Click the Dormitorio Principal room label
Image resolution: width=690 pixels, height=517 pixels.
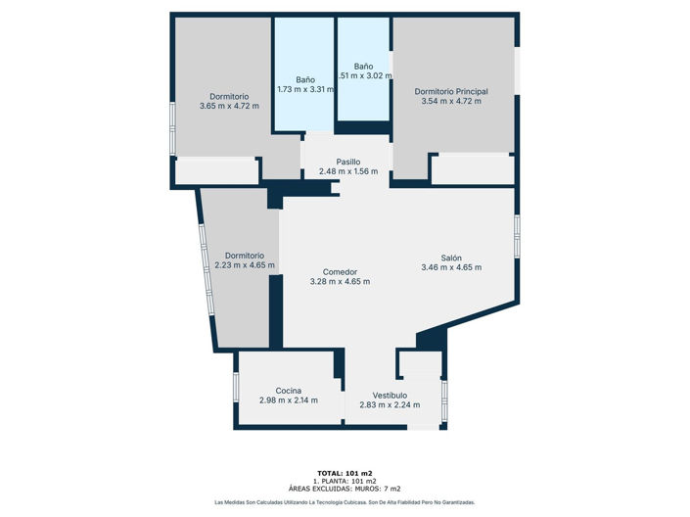coord(450,91)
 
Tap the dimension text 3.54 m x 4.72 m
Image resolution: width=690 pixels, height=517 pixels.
coord(450,101)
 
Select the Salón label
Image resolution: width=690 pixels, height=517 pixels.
coord(450,258)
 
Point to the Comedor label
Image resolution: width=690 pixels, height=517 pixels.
coord(340,271)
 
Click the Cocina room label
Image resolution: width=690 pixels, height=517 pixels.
coord(288,391)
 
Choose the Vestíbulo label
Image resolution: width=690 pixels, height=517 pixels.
coord(390,396)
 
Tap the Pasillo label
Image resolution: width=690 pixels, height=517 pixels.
coord(347,162)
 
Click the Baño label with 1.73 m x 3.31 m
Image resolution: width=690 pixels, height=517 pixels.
coord(305,79)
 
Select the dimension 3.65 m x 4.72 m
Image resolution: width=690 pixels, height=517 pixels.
coord(229,106)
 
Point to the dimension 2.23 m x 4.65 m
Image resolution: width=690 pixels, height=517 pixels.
coord(245,264)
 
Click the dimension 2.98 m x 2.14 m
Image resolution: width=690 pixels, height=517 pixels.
coord(288,400)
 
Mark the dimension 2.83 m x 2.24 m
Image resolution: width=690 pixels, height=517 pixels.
coord(390,405)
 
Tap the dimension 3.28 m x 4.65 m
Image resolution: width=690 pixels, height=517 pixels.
coord(340,282)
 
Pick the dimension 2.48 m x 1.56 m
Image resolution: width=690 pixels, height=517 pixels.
coord(347,172)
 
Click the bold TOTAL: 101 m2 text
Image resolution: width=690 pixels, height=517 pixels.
coord(345,473)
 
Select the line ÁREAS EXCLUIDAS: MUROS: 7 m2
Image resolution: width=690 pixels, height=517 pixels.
coord(345,489)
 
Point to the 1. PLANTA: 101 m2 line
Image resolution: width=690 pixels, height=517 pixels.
coord(345,481)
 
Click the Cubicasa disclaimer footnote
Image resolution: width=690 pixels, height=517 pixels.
coord(345,502)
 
